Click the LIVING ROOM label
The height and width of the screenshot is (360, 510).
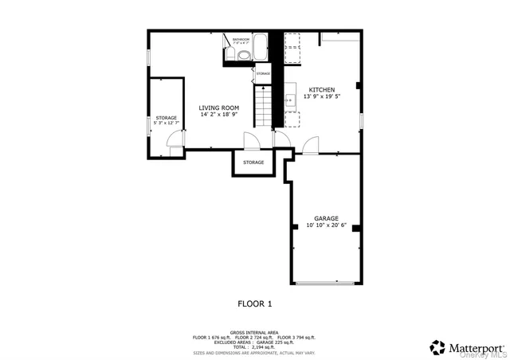(x=218, y=108)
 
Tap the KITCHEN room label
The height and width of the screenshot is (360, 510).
(x=322, y=89)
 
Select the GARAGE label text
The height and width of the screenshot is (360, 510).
(x=327, y=218)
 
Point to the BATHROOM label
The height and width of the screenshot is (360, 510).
(x=241, y=38)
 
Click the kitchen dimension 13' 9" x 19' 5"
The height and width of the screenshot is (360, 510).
(x=322, y=96)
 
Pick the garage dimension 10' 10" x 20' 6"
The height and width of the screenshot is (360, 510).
(x=327, y=225)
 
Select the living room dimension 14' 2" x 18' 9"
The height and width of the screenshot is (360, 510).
(x=218, y=115)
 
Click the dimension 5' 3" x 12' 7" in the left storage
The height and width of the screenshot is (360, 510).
(x=166, y=124)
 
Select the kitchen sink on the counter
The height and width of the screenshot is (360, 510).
(x=290, y=100)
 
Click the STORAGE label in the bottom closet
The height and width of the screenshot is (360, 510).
(x=253, y=162)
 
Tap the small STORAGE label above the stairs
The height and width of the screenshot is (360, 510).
(x=263, y=73)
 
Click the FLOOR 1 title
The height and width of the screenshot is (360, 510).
(x=255, y=303)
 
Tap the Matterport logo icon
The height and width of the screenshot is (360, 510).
(x=437, y=347)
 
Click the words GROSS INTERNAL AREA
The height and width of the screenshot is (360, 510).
(x=254, y=331)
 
